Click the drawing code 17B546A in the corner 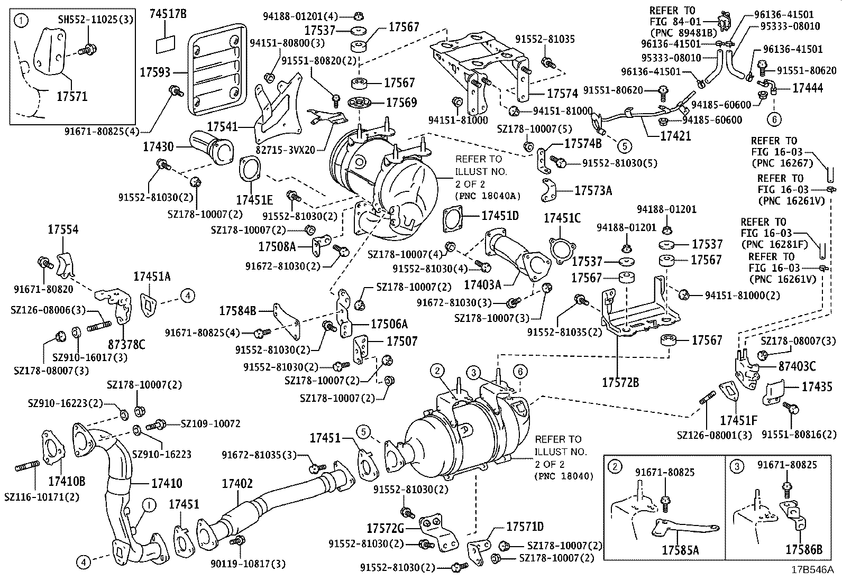[812, 570]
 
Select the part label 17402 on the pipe [237, 483]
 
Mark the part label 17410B [67, 481]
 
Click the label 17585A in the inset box [680, 550]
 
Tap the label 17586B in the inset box [803, 550]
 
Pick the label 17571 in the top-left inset [72, 96]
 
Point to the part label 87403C [797, 366]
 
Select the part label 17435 [817, 386]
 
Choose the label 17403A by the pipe [482, 285]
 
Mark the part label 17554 [63, 229]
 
